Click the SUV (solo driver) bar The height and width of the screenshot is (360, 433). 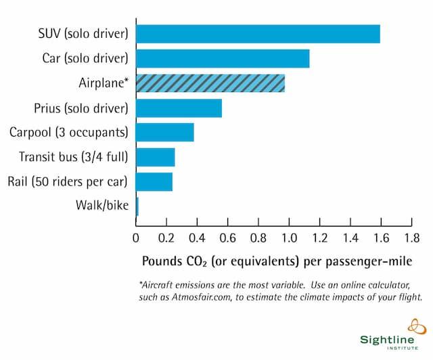tap(258, 34)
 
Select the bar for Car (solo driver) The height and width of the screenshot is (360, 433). tap(223, 59)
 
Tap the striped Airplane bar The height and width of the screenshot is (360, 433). tap(210, 83)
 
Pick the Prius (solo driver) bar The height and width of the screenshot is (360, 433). tap(179, 108)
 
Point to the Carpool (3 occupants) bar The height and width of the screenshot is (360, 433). tap(165, 133)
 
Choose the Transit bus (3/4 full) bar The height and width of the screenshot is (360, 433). tap(156, 157)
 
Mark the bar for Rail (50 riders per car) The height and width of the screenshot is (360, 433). tap(154, 182)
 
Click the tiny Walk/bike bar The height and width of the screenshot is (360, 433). tap(137, 206)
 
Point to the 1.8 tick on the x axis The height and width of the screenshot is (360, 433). tap(411, 238)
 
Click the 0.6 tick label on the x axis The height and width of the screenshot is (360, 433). tap(227, 238)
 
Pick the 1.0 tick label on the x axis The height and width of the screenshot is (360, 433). tap(289, 238)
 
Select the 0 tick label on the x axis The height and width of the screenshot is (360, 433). tap(136, 238)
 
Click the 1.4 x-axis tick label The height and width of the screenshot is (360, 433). tap(350, 238)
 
